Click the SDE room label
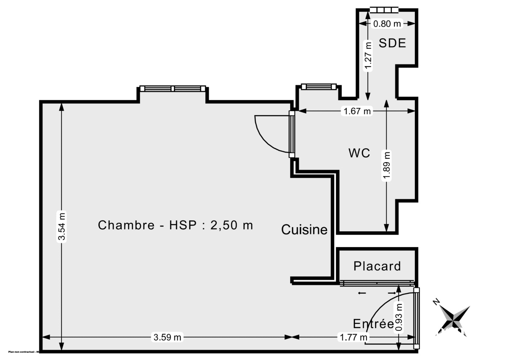point(392,43)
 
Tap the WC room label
point(359,153)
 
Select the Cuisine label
point(305,230)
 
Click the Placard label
point(377,266)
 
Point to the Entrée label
point(373,324)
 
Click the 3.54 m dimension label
point(62,226)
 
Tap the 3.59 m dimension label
point(167,337)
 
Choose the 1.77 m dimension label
point(353,337)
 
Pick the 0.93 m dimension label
point(399,317)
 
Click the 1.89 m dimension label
point(386,166)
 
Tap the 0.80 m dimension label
point(387,24)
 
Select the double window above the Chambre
point(173,89)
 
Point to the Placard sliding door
point(377,282)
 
